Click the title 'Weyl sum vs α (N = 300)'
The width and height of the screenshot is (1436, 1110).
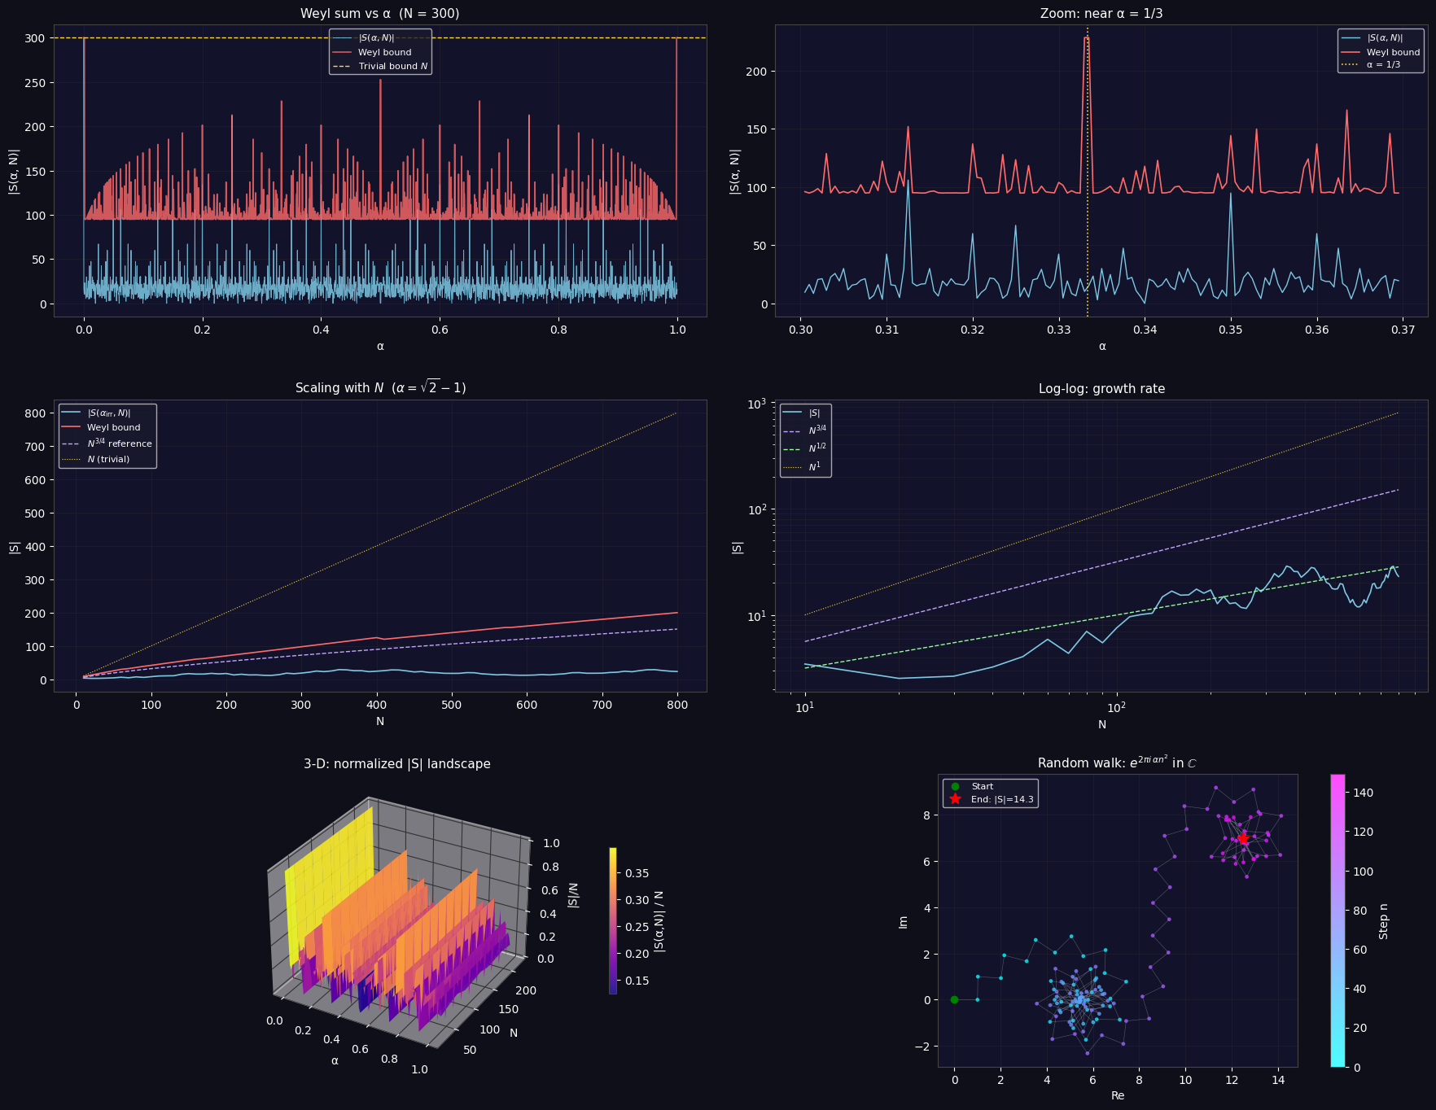(x=379, y=14)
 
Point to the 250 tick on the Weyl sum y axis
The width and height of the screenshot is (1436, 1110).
(x=36, y=83)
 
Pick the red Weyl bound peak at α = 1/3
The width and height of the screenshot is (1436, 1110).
(x=1086, y=37)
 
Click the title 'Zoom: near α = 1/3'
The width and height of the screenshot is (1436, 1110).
(x=1101, y=14)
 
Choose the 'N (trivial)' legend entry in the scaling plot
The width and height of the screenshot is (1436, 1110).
(x=108, y=460)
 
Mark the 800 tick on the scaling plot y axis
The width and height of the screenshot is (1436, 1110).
(x=36, y=413)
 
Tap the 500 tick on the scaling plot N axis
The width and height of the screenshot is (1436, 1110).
(x=452, y=706)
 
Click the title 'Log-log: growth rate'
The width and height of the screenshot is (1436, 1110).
(x=1101, y=389)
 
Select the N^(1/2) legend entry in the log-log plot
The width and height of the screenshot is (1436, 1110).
(x=817, y=448)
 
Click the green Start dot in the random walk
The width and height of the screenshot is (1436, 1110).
(x=955, y=999)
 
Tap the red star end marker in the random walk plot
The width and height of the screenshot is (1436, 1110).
(x=1243, y=838)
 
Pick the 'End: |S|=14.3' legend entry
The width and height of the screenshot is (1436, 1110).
(x=1001, y=799)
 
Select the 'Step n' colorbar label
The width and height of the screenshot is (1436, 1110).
(x=1384, y=921)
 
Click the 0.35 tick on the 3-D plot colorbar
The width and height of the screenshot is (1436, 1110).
(x=637, y=873)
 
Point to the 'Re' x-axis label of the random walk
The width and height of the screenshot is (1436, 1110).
(x=1117, y=1095)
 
